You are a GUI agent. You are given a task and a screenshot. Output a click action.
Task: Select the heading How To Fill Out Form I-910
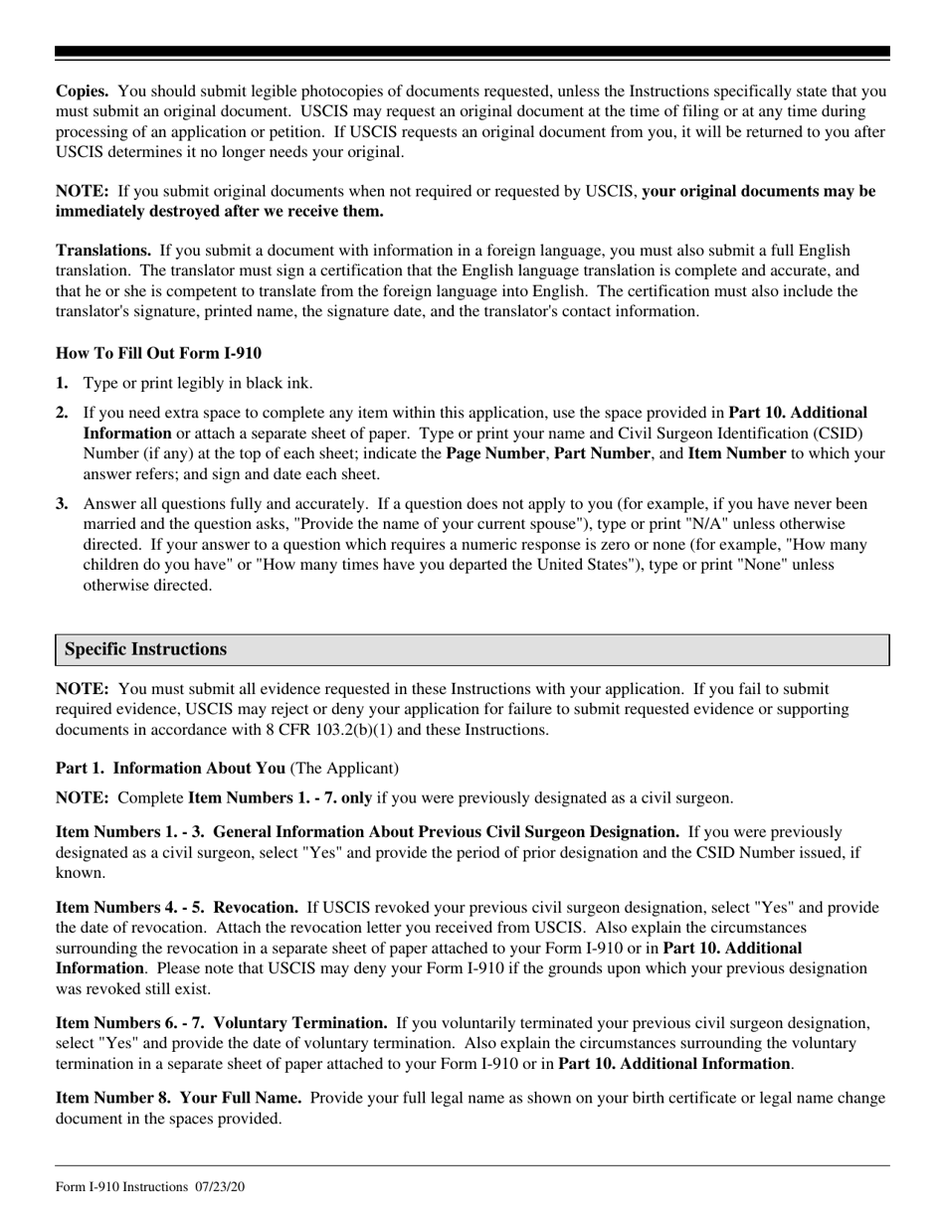159,353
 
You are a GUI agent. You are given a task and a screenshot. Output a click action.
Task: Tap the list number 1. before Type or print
63,383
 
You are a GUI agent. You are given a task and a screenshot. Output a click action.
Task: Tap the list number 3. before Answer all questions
63,504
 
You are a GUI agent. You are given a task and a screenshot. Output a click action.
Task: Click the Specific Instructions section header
146,649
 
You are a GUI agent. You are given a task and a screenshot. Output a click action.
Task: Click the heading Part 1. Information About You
170,768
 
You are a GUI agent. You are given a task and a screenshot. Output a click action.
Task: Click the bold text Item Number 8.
100,1099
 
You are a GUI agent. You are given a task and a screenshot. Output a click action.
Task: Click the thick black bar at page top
472,52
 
